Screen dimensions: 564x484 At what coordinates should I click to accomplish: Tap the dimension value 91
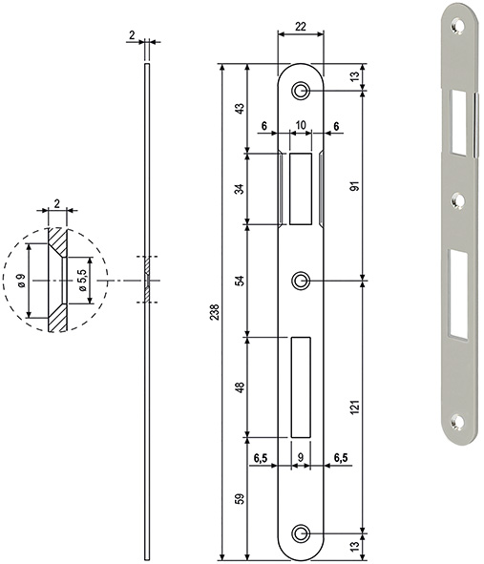click(355, 187)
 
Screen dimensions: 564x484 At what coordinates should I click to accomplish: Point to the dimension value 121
click(355, 407)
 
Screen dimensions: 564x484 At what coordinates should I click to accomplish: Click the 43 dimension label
click(239, 109)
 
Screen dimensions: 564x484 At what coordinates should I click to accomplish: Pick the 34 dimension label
click(239, 188)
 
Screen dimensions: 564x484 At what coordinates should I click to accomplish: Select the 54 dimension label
click(239, 281)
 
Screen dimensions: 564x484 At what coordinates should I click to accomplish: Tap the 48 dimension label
click(239, 387)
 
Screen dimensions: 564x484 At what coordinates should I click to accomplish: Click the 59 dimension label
click(239, 498)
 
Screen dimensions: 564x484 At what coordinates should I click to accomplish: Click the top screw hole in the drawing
click(301, 90)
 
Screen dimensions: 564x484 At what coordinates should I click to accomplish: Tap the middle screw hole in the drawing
click(301, 281)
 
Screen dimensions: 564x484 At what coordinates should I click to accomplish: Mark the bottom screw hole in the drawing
click(301, 534)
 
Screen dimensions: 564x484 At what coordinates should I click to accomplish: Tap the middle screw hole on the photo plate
click(458, 200)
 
